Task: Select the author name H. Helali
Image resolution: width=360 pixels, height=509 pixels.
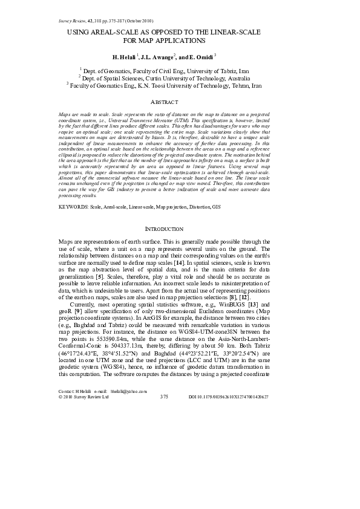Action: coord(125,56)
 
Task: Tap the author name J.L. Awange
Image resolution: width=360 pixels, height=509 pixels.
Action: coord(157,56)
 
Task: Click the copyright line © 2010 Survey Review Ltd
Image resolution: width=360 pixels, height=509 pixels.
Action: coord(83,397)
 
